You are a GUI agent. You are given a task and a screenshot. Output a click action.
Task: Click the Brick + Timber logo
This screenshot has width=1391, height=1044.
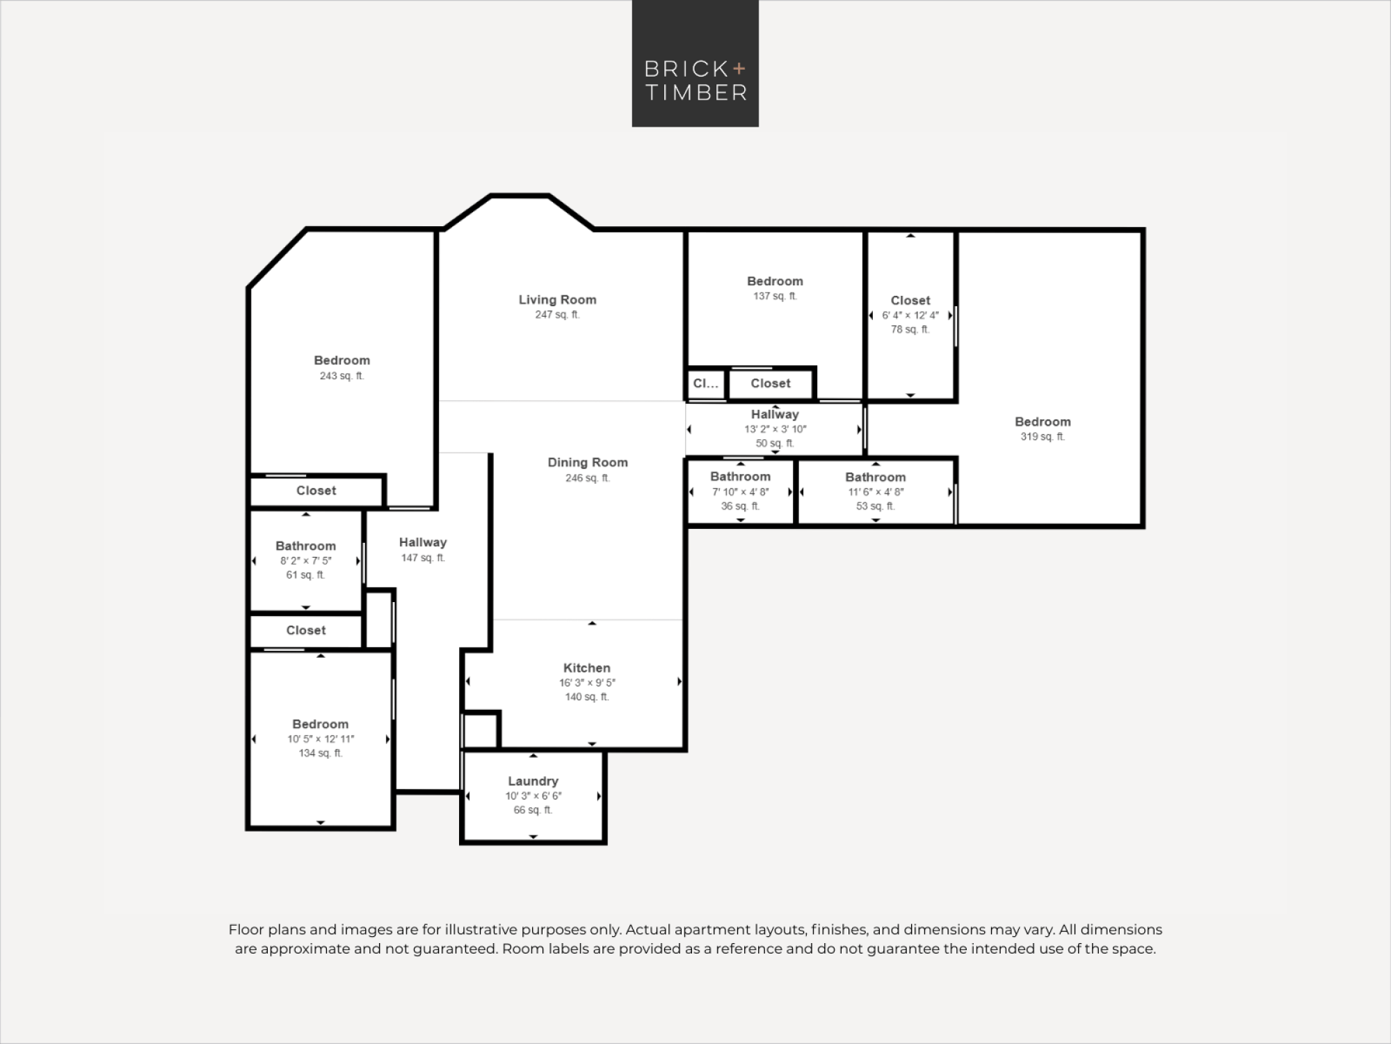coord(695,63)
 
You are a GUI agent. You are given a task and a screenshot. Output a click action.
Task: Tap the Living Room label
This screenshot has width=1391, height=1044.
coord(557,300)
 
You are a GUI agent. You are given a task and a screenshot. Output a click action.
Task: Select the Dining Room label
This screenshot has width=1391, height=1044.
coord(588,462)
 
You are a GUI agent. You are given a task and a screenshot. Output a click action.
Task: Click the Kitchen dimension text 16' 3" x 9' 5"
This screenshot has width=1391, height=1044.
coord(587,683)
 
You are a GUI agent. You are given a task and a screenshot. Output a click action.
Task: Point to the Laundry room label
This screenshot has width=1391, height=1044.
coord(533,781)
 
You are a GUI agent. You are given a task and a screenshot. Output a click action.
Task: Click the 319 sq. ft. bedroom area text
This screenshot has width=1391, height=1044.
coord(1043,437)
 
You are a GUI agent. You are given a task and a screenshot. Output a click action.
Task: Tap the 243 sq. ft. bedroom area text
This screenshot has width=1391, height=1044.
coord(341,376)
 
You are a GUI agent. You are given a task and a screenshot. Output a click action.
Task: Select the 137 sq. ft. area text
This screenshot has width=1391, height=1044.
coord(775,296)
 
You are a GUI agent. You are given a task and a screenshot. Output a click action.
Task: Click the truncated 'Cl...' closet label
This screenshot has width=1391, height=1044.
coord(705,383)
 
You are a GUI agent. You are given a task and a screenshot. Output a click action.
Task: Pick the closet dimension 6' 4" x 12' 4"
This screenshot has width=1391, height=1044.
coord(910,315)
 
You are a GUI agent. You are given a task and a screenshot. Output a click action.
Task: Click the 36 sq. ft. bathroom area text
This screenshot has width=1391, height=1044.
coord(740,506)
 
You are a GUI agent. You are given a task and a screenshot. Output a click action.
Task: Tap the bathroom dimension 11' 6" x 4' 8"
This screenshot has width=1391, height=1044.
coord(876,492)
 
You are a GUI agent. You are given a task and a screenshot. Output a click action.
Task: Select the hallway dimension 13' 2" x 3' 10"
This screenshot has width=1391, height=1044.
coord(775,429)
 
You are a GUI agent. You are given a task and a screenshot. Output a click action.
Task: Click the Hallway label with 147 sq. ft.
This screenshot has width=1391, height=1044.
coord(423,542)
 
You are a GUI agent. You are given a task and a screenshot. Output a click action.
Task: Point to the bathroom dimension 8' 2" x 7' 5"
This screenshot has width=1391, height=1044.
coord(306,561)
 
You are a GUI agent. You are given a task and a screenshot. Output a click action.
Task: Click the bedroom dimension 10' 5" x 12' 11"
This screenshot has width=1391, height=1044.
coord(321,739)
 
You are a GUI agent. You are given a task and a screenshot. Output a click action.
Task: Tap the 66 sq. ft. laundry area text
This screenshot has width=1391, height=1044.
coord(533,810)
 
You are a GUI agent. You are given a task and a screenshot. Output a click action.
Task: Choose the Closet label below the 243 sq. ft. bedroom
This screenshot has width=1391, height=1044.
coord(316,491)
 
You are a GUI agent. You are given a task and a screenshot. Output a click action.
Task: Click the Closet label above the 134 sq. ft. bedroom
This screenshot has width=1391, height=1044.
coord(306,631)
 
